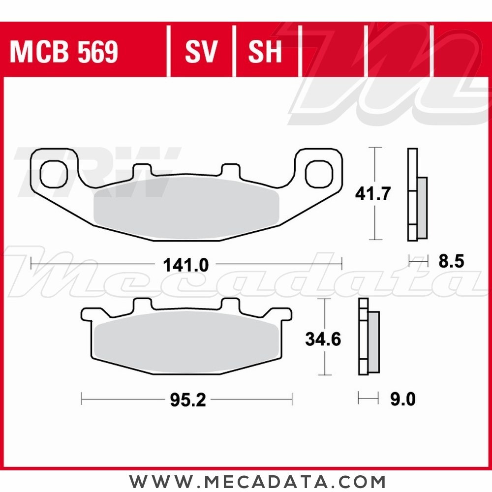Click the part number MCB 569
pos(64,53)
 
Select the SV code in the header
pos(201,53)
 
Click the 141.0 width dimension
pos(186,265)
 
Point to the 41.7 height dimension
pos(373,194)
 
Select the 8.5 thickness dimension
pos(451,261)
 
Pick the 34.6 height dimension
pos(323,339)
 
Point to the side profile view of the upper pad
pos(416,194)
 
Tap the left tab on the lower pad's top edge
pos(142,304)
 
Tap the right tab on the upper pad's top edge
pos(229,170)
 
